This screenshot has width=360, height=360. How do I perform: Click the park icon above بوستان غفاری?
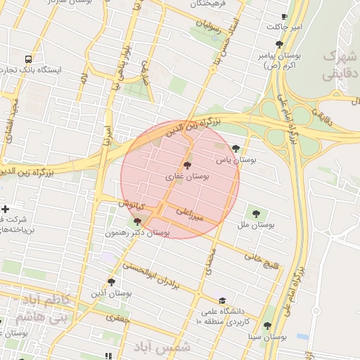186,164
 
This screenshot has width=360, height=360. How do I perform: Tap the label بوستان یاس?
238,160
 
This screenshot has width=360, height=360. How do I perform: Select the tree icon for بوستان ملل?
255,214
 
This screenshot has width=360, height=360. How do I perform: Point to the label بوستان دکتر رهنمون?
138,232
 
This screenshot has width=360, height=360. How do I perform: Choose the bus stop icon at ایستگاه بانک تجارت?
27,60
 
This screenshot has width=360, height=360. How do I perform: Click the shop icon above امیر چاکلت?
284,16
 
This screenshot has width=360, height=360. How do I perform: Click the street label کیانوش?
131,205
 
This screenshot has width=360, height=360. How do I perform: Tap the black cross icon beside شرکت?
6,209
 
